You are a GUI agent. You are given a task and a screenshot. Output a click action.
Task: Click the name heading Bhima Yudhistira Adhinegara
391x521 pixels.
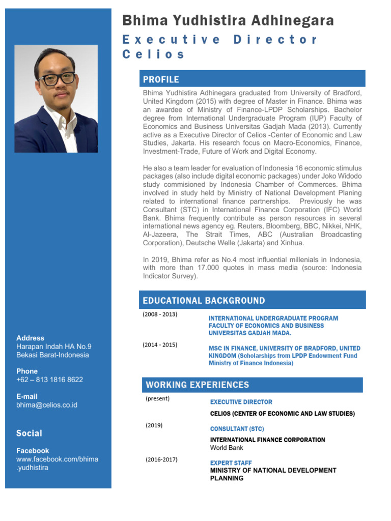coord(228,21)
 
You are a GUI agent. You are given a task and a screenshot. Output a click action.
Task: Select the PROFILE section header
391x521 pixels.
coord(161,79)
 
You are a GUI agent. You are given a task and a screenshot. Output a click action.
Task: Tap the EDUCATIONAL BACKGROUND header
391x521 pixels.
coord(204,301)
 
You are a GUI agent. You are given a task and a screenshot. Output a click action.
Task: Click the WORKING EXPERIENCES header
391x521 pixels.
coord(197,385)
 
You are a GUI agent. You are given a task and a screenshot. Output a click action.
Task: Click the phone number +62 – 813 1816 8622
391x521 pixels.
coord(49,380)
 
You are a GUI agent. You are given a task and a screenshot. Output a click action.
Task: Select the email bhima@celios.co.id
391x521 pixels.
coord(47,405)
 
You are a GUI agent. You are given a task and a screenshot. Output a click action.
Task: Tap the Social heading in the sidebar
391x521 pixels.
coord(29,433)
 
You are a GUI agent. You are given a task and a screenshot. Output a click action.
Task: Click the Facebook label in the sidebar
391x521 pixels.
coord(33,451)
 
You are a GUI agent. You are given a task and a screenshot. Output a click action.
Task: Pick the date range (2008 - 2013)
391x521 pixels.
coord(160,314)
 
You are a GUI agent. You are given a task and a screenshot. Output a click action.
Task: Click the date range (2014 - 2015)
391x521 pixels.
coord(160,345)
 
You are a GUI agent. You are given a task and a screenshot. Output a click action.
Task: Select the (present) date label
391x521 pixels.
coord(157,399)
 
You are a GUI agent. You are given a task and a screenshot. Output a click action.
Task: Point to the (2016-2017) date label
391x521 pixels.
coord(161,459)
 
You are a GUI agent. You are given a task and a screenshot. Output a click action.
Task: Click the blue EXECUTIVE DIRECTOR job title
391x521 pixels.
coord(241,402)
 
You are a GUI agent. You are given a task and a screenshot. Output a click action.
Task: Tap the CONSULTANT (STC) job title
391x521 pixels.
coord(237,429)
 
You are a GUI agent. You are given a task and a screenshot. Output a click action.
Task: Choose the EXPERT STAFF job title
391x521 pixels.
coord(231,463)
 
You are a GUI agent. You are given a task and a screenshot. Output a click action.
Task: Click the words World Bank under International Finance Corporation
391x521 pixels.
coord(227,448)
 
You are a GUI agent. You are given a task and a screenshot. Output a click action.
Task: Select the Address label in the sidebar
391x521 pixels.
coord(30,338)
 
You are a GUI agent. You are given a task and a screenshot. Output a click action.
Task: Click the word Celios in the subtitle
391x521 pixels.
coord(153,54)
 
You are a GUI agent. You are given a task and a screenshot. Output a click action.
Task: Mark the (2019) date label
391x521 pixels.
coord(154,425)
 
